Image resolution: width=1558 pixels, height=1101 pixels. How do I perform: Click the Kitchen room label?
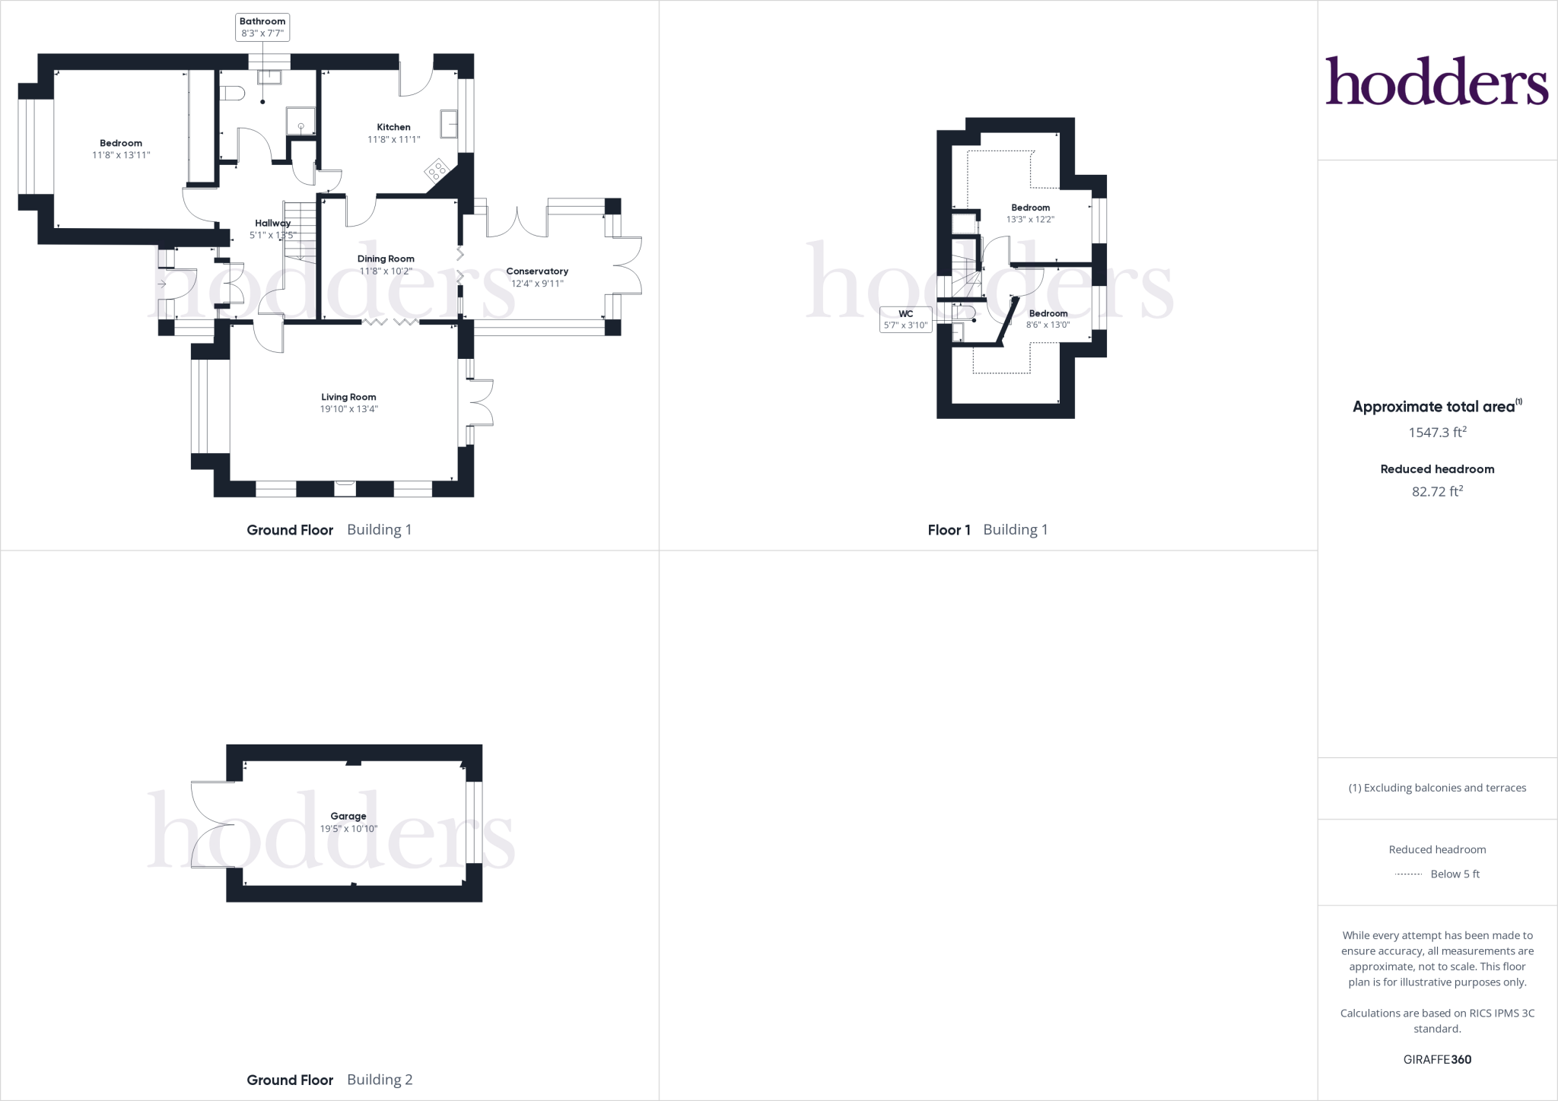(x=393, y=127)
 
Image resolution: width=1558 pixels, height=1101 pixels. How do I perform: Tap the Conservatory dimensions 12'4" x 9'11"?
(x=537, y=284)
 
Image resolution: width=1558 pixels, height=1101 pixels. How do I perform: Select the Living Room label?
(x=348, y=397)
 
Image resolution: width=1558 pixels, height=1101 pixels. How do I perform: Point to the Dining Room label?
(x=386, y=259)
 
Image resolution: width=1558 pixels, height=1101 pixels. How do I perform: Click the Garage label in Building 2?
(x=348, y=816)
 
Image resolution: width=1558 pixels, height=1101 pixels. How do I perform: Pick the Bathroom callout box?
(x=262, y=27)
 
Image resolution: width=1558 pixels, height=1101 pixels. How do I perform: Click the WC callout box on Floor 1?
(x=905, y=319)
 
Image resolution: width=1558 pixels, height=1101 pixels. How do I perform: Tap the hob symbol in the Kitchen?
(x=437, y=170)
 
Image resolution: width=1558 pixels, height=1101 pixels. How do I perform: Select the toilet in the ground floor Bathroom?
(x=231, y=93)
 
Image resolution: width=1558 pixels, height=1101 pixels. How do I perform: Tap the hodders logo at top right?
(x=1436, y=82)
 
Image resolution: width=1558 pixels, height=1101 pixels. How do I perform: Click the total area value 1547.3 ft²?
(x=1437, y=433)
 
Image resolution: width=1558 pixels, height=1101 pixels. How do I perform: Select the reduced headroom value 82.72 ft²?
(x=1437, y=492)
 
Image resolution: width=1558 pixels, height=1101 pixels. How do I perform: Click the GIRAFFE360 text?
(x=1437, y=1059)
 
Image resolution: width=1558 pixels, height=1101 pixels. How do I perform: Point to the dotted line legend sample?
(x=1409, y=874)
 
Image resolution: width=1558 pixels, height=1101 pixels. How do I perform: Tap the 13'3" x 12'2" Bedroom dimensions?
(x=1030, y=220)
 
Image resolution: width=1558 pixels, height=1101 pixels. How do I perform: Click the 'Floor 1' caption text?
(x=949, y=530)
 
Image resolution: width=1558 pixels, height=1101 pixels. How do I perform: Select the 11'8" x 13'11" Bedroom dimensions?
(x=120, y=155)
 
